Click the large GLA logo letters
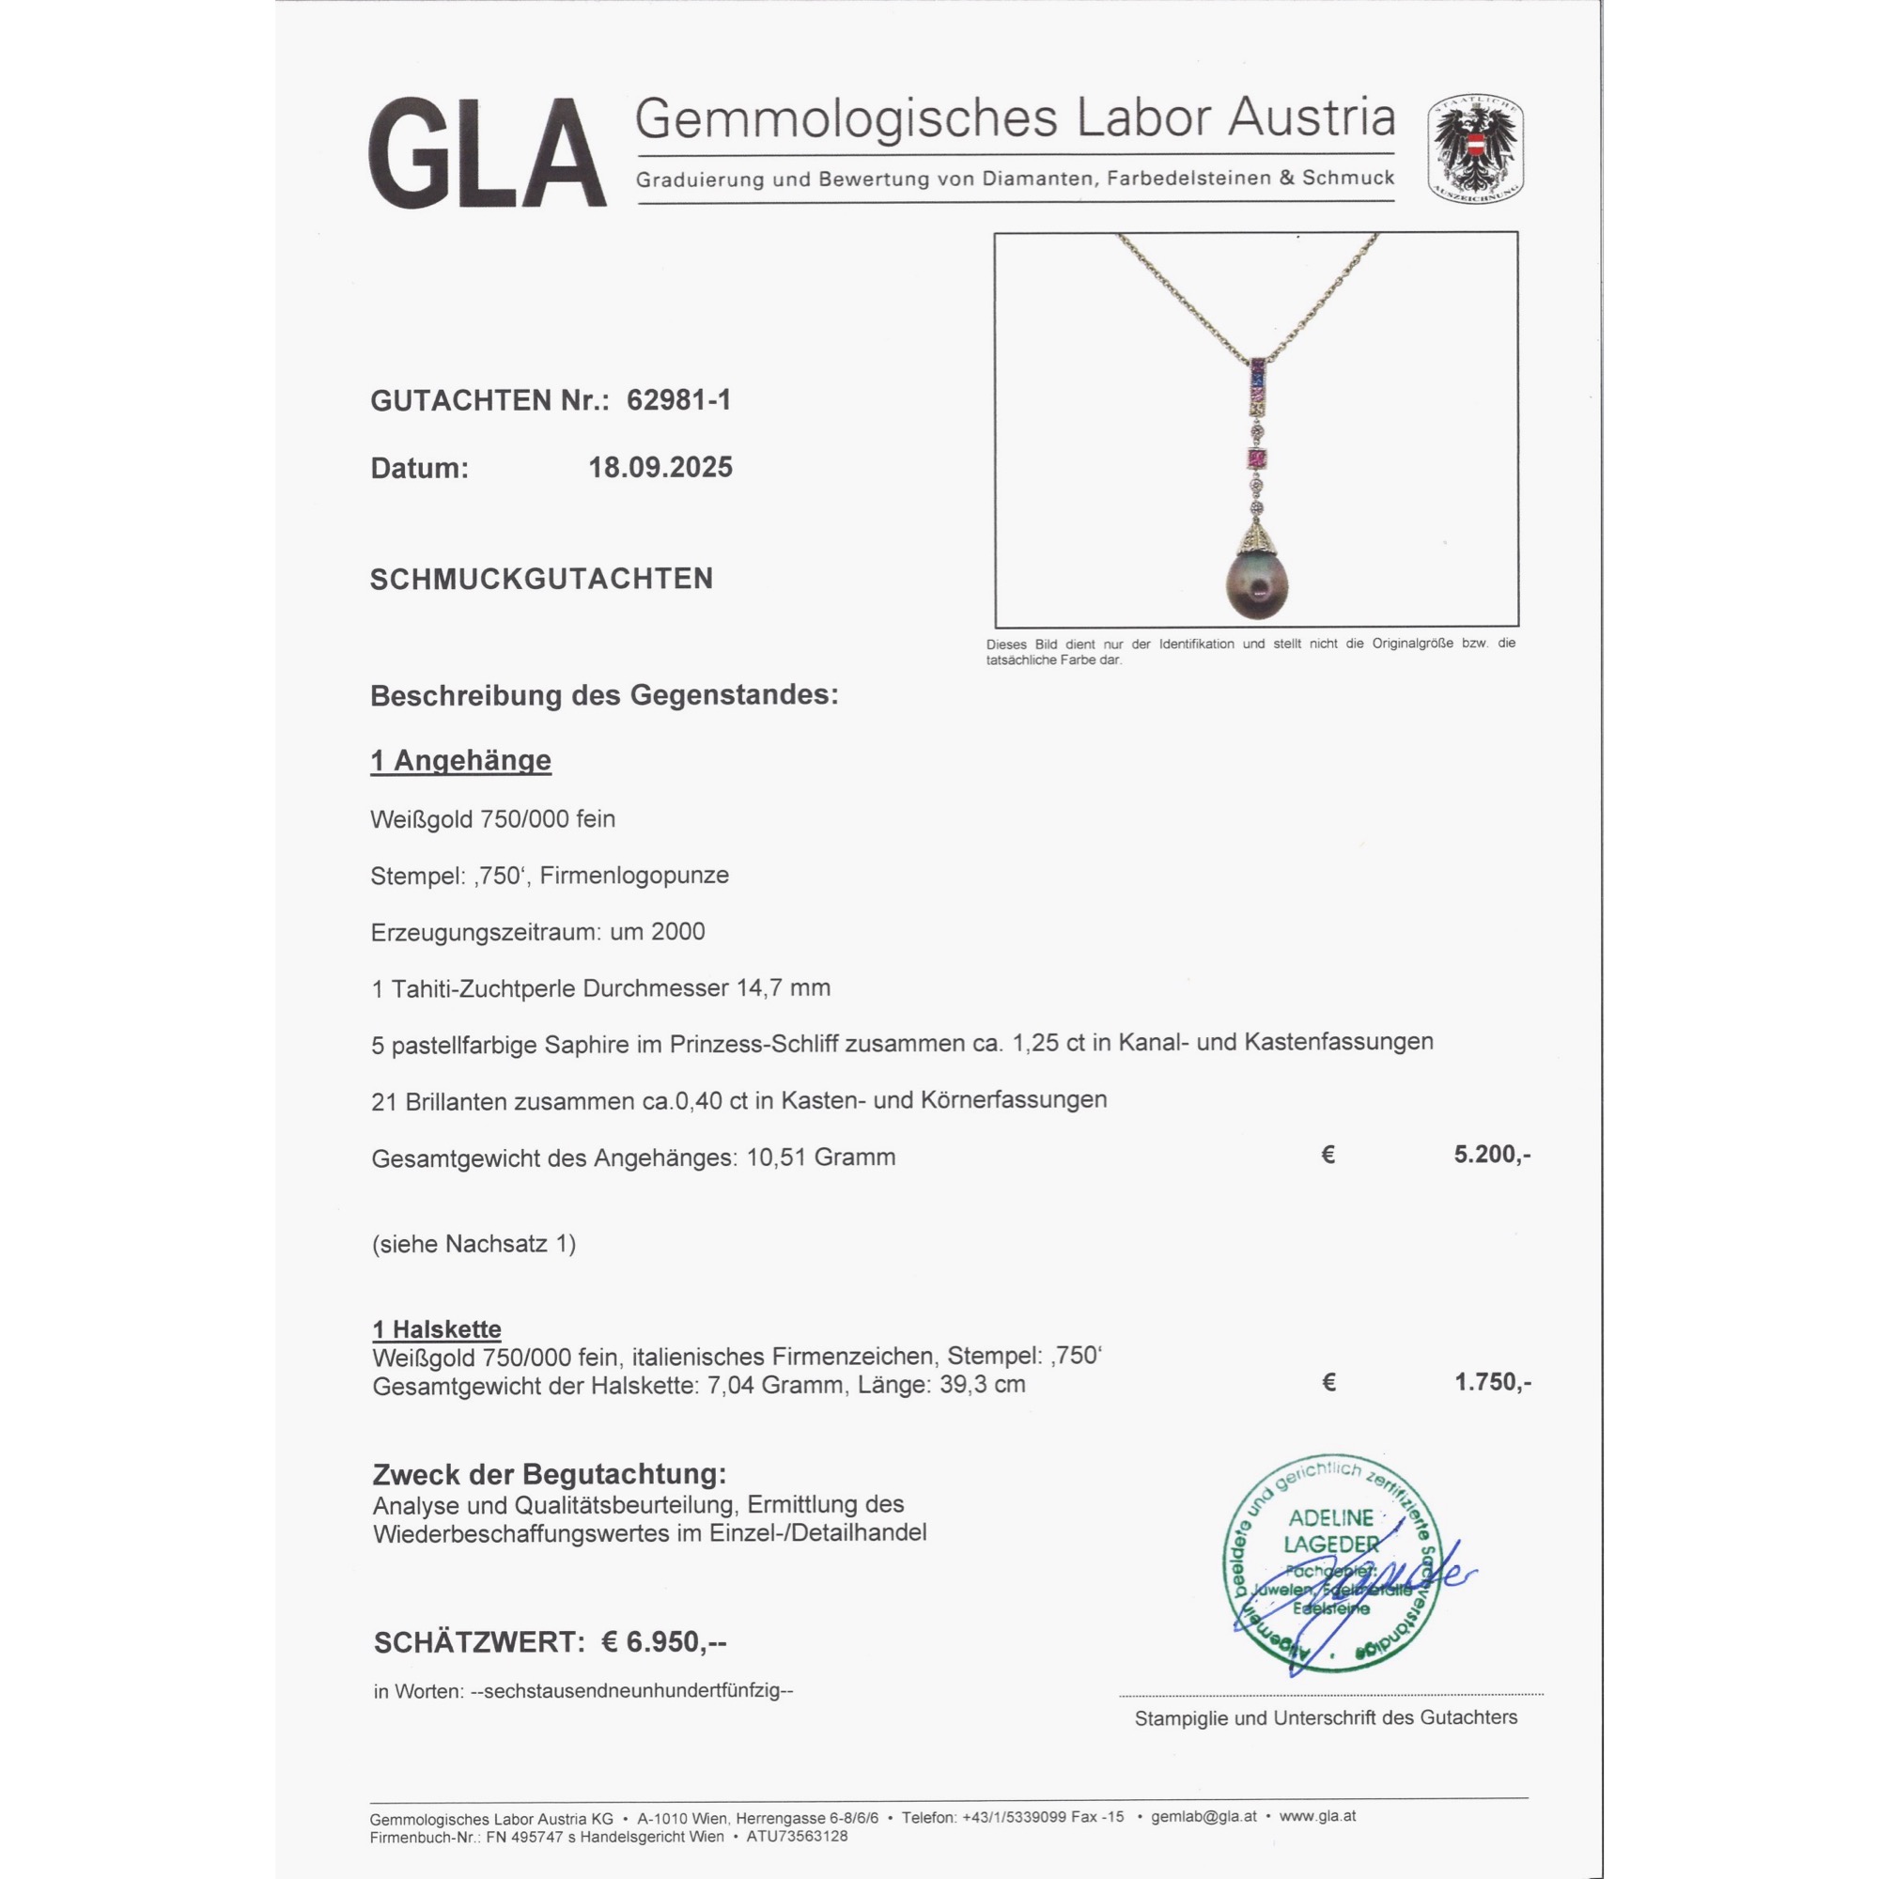pos(487,153)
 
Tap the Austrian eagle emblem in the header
pos(1474,148)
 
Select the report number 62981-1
pos(678,399)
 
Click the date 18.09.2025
pos(660,468)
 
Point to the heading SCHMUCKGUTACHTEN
pos(541,579)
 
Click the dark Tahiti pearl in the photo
pos(1262,584)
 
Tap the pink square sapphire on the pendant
pos(1259,458)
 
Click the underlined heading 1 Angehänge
pos(460,761)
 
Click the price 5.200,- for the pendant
pos(1491,1155)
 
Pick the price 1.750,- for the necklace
pos(1492,1382)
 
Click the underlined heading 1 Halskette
pos(437,1329)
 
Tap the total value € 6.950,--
pos(663,1641)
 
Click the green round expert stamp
pos(1331,1563)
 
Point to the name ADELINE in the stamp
pos(1330,1517)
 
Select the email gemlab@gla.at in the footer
pos(1203,1816)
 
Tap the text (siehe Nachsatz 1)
pos(473,1244)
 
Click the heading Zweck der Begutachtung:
pos(550,1474)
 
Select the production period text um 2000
pos(658,932)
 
